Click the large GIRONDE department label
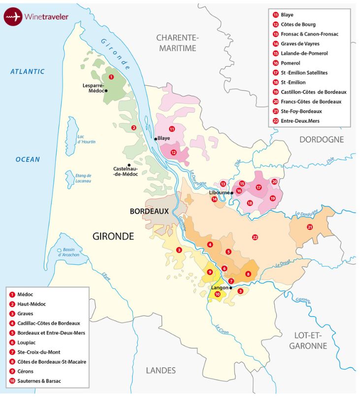tap(113, 236)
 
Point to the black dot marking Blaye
tap(156, 139)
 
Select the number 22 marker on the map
tap(255, 237)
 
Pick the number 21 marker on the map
tap(310, 227)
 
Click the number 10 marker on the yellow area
tap(217, 294)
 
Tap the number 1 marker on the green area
tap(111, 77)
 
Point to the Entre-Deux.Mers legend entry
tap(300, 121)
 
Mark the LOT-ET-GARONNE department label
tap(308, 341)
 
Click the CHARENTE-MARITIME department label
tap(176, 43)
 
